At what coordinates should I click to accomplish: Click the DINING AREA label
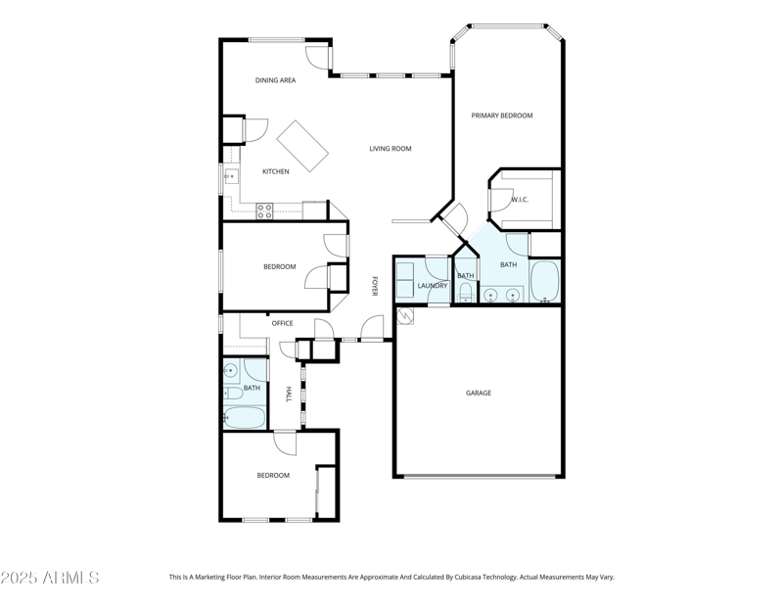(x=275, y=80)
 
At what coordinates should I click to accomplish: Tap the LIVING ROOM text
(x=390, y=149)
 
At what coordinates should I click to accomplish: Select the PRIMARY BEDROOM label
(x=502, y=116)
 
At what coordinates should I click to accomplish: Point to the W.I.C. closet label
(x=520, y=200)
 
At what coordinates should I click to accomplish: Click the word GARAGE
(x=479, y=393)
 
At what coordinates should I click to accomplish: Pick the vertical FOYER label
(x=374, y=286)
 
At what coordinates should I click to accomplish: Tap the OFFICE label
(x=282, y=323)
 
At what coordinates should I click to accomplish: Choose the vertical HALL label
(x=288, y=394)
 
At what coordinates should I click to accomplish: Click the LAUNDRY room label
(x=432, y=286)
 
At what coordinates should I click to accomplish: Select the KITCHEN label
(x=275, y=171)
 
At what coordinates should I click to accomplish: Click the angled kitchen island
(x=302, y=146)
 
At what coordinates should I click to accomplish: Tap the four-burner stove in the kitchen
(x=264, y=209)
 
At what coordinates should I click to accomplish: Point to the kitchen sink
(x=230, y=176)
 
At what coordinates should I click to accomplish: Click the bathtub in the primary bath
(x=544, y=282)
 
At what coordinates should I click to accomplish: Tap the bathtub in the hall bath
(x=245, y=418)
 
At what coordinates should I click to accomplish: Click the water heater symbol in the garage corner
(x=405, y=316)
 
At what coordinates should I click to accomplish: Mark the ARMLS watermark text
(x=50, y=578)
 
